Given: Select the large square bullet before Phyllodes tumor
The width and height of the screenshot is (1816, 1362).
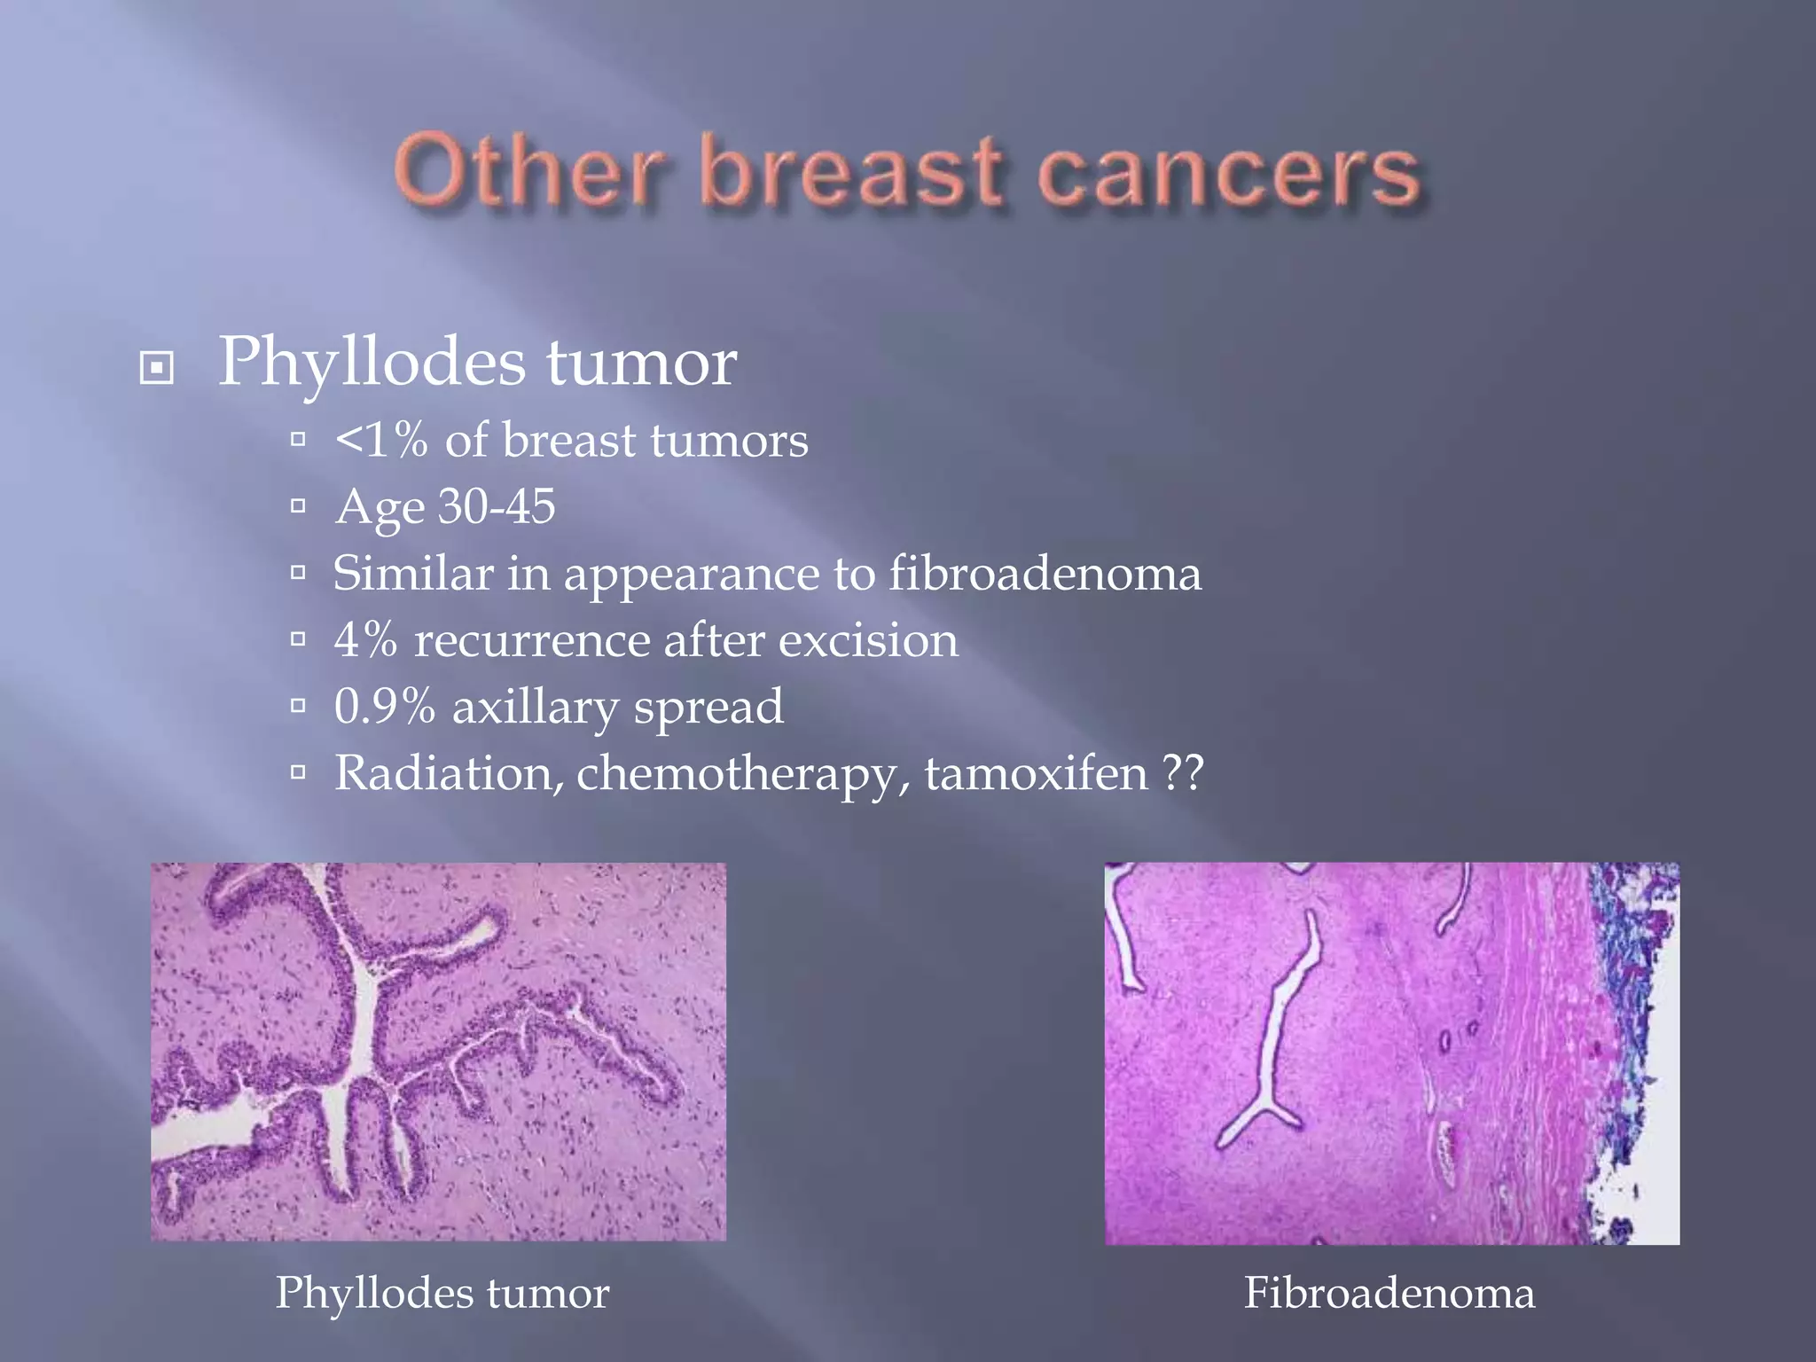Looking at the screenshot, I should (x=157, y=367).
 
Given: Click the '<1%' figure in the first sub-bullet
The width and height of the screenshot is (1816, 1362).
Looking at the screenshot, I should (x=381, y=441).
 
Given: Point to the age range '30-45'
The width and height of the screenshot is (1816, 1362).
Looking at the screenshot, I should (x=497, y=507).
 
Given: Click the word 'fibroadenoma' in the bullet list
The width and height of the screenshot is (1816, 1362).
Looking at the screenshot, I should (x=1045, y=574).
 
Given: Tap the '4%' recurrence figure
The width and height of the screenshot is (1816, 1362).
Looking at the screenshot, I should (x=365, y=640).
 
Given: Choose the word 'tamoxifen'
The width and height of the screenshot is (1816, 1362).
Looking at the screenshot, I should (x=1037, y=773).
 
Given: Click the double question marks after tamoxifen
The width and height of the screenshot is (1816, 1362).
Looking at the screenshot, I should (x=1183, y=773).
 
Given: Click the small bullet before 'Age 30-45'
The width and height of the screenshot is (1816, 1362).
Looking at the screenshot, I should (x=298, y=506).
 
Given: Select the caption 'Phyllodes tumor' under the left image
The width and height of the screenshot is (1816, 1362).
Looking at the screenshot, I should (x=442, y=1293).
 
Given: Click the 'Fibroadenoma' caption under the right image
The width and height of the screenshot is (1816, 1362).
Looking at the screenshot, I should (x=1389, y=1293).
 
